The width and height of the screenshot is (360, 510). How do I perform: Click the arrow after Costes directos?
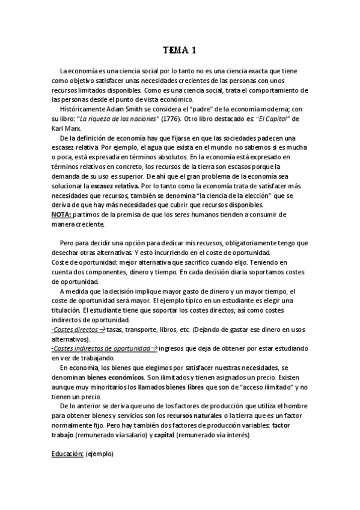tap(102, 330)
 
